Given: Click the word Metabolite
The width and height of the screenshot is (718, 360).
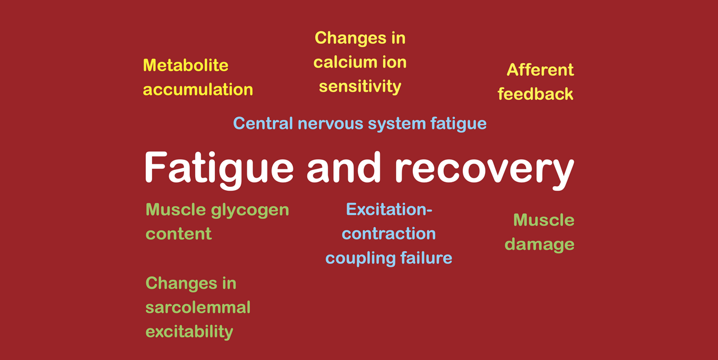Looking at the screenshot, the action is click(186, 66).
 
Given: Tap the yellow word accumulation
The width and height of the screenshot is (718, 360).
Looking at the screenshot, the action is click(198, 90).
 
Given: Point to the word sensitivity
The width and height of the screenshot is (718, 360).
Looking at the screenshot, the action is click(360, 87).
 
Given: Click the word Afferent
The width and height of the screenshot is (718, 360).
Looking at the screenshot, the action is click(540, 70).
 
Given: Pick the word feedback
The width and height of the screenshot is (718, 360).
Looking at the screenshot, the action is click(535, 94).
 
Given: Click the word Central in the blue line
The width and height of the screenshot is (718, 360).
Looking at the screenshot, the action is click(263, 123).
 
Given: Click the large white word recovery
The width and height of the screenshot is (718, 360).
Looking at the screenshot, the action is click(484, 170).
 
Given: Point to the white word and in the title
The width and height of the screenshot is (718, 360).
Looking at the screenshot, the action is click(343, 167).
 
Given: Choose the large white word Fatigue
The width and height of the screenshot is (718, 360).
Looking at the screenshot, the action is click(219, 170).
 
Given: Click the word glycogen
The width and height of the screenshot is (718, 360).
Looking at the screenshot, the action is click(250, 211).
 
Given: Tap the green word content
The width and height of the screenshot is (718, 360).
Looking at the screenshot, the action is click(178, 234).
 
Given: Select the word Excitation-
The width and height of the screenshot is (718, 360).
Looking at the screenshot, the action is click(389, 210).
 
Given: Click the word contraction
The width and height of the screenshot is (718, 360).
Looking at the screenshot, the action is click(389, 234).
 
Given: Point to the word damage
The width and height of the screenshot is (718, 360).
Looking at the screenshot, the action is click(540, 245).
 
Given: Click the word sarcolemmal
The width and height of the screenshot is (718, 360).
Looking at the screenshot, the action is click(198, 308).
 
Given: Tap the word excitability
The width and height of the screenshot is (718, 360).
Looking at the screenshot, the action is click(189, 332).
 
